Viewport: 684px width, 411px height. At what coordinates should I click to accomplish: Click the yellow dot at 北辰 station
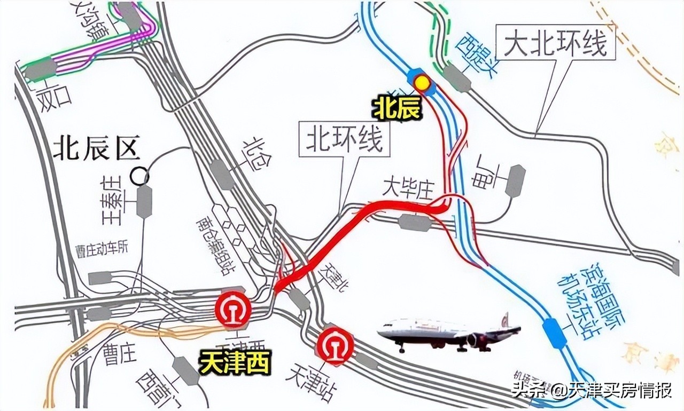click(423, 83)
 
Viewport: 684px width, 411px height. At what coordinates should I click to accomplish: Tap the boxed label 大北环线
click(556, 43)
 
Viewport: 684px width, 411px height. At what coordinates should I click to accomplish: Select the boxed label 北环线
click(344, 140)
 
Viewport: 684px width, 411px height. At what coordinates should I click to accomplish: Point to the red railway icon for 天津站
click(335, 345)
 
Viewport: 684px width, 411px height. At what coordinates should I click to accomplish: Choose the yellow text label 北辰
click(398, 108)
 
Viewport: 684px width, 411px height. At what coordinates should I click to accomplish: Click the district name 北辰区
click(96, 148)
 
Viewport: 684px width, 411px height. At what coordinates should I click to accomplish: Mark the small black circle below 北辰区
click(141, 176)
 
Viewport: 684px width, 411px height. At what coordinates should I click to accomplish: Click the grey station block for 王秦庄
click(144, 201)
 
